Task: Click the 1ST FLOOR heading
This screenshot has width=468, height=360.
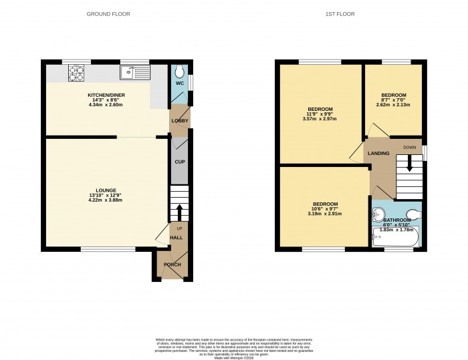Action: [x=341, y=13]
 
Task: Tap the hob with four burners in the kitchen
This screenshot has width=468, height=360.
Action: [x=76, y=72]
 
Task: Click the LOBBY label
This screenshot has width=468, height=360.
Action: [x=180, y=121]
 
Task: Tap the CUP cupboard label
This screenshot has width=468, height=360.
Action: [x=179, y=162]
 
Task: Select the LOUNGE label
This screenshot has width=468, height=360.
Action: [x=106, y=190]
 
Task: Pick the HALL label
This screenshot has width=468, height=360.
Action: [x=177, y=237]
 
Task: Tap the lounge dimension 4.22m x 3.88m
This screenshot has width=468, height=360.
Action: [x=106, y=200]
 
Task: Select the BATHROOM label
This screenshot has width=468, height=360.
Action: [x=396, y=220]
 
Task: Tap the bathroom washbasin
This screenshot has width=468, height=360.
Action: [x=378, y=214]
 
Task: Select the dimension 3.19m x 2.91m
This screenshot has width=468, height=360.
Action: [x=325, y=214]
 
